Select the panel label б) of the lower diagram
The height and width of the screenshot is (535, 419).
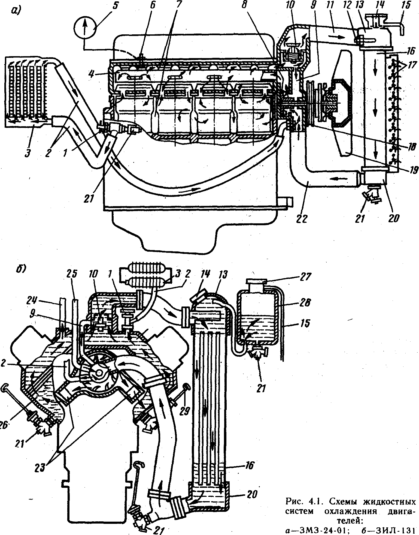[21, 269]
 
